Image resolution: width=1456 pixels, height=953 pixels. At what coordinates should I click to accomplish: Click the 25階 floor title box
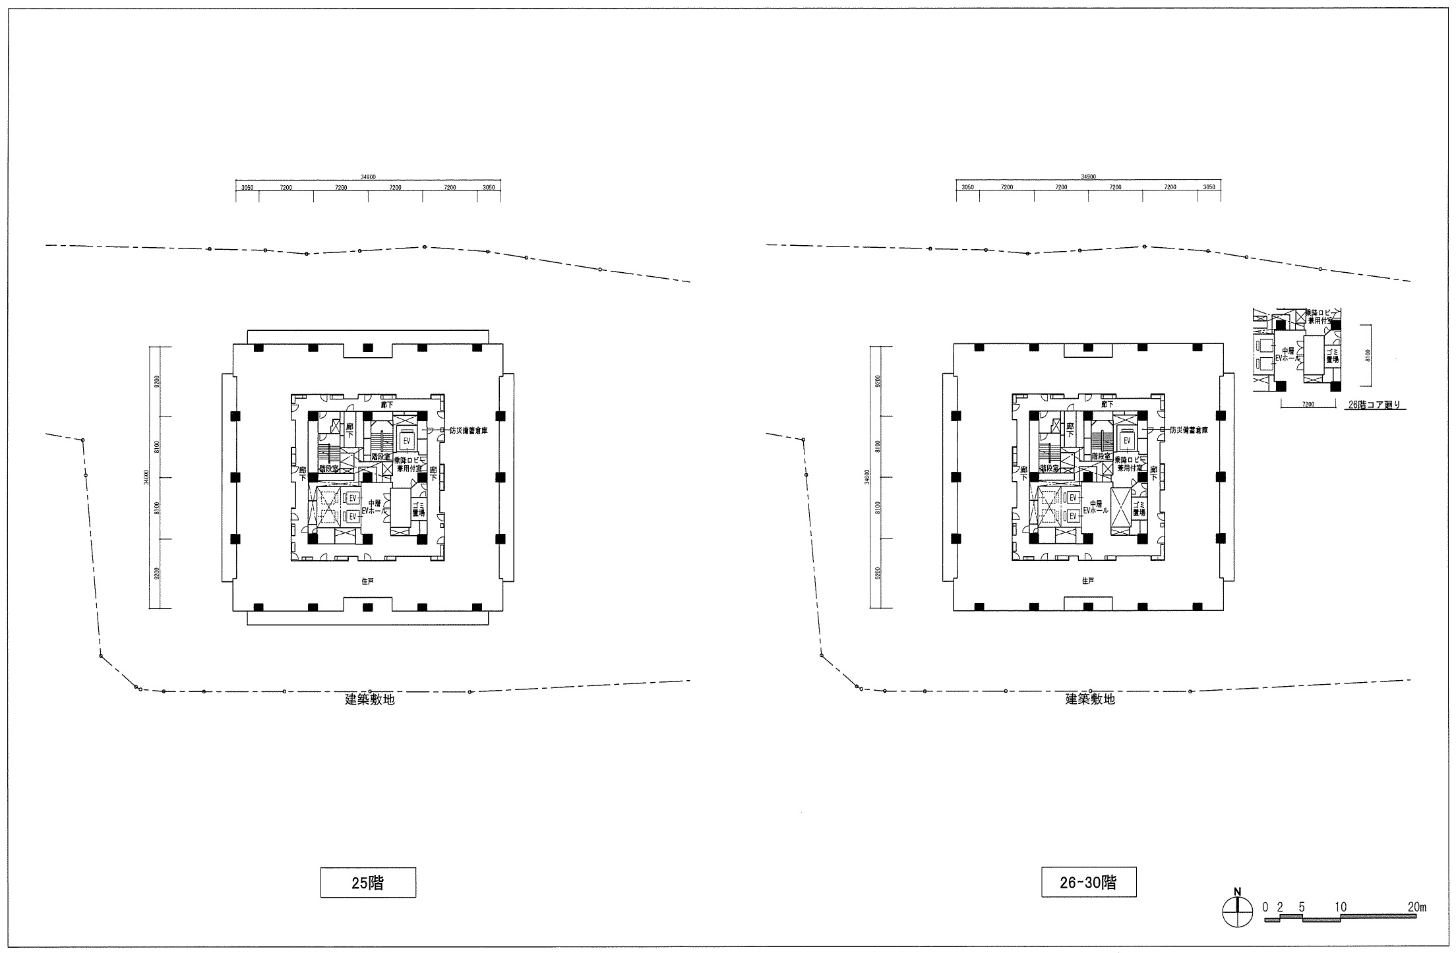[368, 882]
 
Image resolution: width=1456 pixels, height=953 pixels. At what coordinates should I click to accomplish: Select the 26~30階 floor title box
[1089, 882]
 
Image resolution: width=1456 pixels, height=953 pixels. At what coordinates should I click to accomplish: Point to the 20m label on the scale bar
[1416, 907]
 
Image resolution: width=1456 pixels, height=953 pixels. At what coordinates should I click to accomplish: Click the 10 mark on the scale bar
[1339, 907]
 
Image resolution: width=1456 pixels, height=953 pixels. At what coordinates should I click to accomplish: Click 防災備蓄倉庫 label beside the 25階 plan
[468, 430]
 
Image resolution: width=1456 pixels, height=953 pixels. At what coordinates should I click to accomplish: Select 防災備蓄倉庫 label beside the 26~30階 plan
[1188, 430]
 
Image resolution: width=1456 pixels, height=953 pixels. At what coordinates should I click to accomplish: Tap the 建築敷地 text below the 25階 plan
[370, 699]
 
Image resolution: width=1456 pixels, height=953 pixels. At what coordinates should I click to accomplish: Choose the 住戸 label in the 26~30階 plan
[1088, 581]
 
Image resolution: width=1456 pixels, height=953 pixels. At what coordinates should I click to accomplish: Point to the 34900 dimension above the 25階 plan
[368, 177]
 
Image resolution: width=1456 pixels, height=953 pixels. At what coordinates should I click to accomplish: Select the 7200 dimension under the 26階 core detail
[1309, 405]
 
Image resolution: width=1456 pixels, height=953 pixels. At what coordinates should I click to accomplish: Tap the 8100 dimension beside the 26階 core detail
[1368, 356]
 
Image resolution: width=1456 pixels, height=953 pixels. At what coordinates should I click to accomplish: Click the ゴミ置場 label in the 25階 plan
[418, 507]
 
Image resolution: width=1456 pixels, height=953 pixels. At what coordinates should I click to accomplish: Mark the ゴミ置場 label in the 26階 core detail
[1332, 357]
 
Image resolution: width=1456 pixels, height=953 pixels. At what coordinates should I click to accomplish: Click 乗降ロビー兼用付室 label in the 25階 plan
[409, 463]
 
